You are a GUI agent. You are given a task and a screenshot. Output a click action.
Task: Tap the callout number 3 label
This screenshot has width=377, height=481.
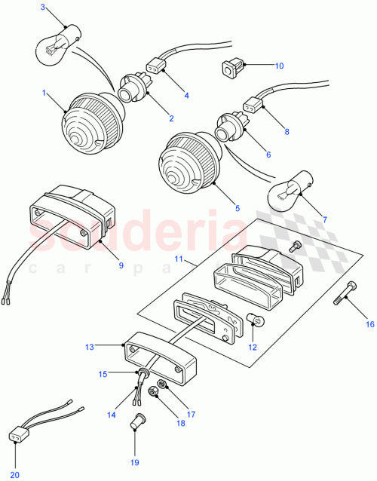(x=43, y=8)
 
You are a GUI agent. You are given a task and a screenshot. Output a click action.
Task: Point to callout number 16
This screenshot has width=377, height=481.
(x=369, y=324)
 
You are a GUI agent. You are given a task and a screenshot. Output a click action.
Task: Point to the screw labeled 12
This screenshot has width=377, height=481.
(x=256, y=321)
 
